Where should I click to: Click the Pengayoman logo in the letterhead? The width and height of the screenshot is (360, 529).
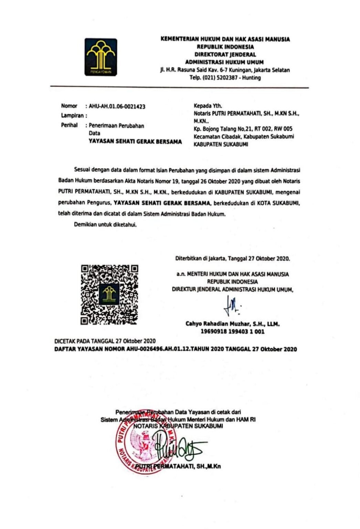100,57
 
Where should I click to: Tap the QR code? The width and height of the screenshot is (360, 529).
109,294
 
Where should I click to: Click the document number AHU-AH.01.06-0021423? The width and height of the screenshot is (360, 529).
117,106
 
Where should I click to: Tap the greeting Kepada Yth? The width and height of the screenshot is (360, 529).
208,106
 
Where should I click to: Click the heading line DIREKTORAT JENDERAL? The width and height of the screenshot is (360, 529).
225,54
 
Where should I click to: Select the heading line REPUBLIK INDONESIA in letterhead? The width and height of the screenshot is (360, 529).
225,47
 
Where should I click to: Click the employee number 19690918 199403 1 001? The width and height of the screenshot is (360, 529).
232,332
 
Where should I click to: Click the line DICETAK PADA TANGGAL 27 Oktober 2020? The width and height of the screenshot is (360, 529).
105,341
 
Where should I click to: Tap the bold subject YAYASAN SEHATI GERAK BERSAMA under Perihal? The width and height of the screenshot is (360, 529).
135,142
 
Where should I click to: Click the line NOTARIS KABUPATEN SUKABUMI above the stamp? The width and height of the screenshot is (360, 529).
178,426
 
